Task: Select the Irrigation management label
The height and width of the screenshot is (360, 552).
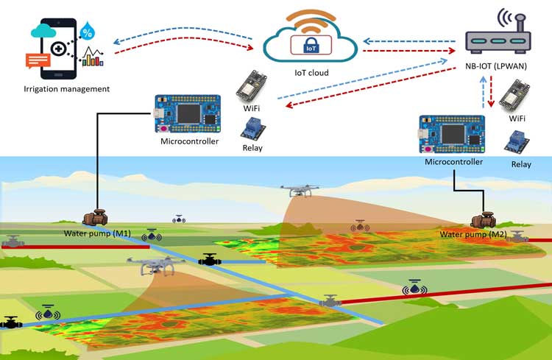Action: (67, 89)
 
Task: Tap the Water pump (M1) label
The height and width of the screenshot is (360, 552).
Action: (100, 234)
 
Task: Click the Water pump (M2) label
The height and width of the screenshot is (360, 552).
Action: (471, 235)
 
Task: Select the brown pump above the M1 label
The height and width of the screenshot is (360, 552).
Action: (96, 218)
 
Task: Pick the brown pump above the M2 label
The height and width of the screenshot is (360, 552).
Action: (484, 219)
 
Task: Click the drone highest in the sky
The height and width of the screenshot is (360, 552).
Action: (300, 191)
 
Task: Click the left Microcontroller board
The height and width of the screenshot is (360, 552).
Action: (188, 114)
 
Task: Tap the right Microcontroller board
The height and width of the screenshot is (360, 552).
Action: (453, 134)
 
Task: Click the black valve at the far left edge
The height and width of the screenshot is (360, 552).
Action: (12, 322)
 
